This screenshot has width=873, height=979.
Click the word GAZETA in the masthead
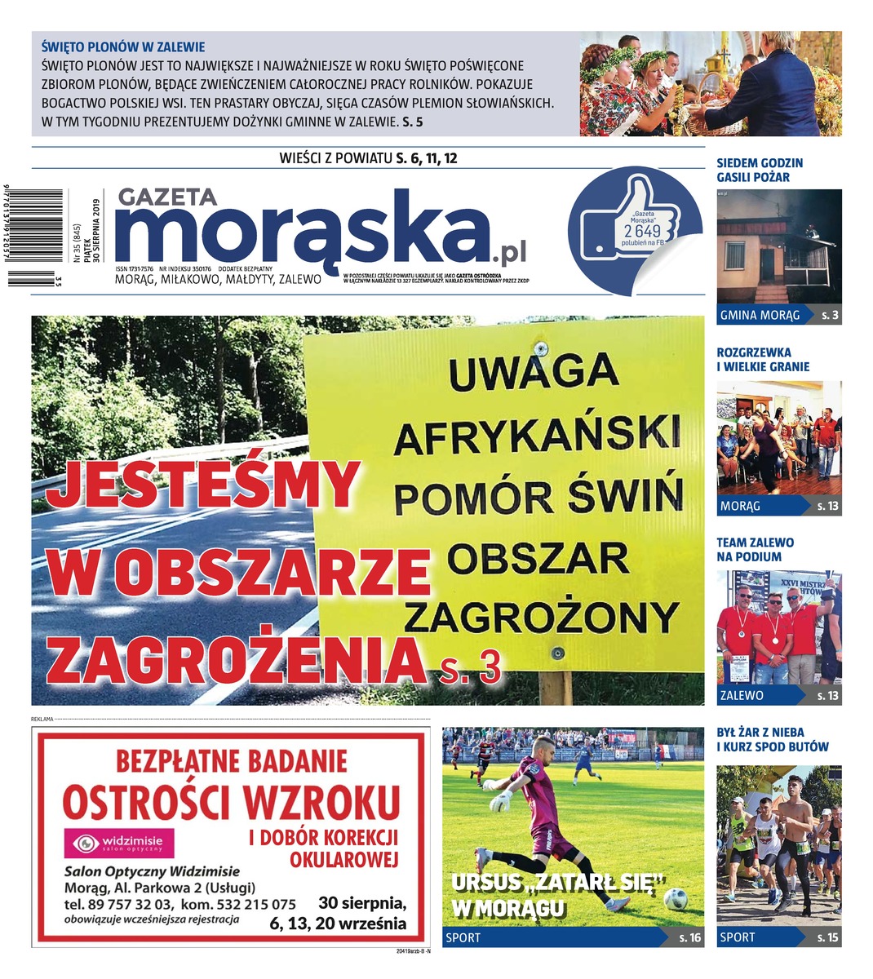[x=167, y=198]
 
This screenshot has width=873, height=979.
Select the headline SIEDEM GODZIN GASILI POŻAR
[x=760, y=170]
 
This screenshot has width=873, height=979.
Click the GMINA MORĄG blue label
[x=760, y=315]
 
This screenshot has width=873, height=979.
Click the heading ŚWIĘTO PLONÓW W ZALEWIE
[x=122, y=47]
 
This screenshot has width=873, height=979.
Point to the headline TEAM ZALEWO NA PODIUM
[x=755, y=549]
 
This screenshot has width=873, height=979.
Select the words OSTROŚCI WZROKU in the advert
[x=232, y=801]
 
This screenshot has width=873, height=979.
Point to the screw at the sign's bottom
[x=557, y=653]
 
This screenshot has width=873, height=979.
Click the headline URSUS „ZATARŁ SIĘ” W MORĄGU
[x=559, y=894]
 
